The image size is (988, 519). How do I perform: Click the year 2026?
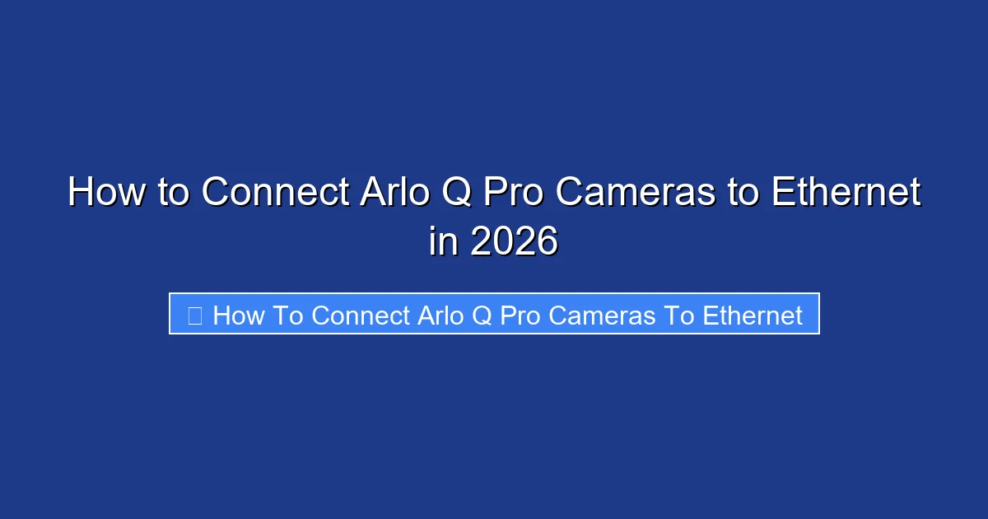[x=513, y=242]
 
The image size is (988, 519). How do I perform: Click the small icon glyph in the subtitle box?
[x=195, y=316]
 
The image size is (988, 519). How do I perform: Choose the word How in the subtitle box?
[x=238, y=316]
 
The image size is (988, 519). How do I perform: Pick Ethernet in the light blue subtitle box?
[x=753, y=316]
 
